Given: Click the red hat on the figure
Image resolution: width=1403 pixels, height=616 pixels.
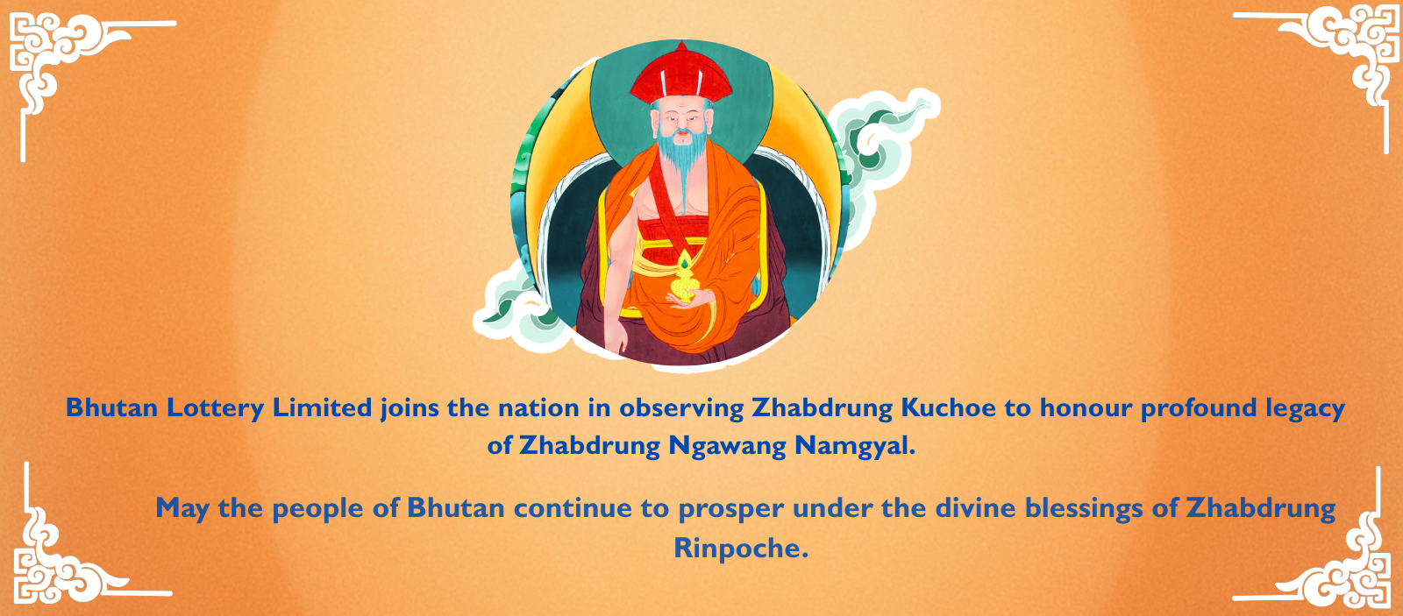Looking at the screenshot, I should point(681,75).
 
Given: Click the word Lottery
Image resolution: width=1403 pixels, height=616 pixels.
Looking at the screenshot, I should point(216,408).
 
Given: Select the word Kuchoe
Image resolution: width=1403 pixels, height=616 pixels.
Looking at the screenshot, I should point(949,408).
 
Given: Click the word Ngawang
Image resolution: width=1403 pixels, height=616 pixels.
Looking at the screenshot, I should point(728,446).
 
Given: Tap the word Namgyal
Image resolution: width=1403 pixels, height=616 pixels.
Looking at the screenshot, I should point(855,446).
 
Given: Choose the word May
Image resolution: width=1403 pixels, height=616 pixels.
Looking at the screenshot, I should point(182,509).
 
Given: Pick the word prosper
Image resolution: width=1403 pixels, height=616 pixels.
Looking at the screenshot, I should point(730,509).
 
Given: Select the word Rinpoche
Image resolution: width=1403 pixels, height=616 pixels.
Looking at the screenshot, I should point(741,549).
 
